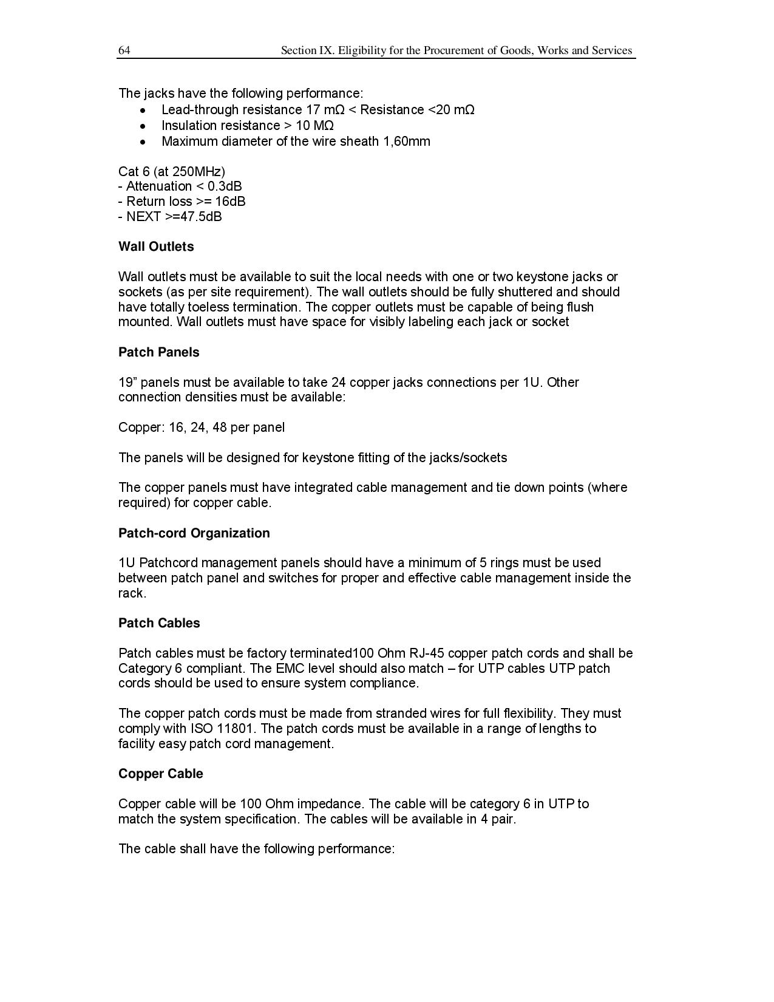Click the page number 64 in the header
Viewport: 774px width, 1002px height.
coord(124,50)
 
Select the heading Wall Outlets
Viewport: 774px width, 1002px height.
coord(156,247)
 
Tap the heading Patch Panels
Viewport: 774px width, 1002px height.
coord(158,352)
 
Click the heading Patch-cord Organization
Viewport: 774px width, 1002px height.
coord(194,533)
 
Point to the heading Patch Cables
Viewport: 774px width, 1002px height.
coord(159,623)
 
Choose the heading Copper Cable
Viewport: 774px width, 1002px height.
coord(160,774)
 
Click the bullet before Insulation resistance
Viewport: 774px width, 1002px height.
coord(143,126)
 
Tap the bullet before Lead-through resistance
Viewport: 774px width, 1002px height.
coord(143,110)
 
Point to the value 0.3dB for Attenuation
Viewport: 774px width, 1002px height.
coord(225,186)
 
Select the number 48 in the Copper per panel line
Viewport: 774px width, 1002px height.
coord(220,428)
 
